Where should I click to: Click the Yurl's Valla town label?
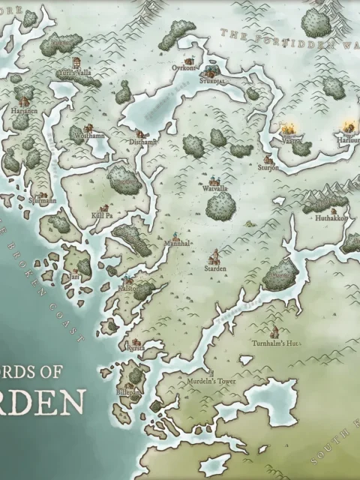coord(75,73)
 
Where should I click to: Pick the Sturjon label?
coord(268,168)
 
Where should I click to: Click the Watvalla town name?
coord(215,189)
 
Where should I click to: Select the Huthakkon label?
coord(330,218)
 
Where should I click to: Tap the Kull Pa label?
coord(102,215)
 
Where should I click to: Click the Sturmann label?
coord(43,201)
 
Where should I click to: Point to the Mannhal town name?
coord(177,244)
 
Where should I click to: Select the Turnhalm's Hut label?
coord(275,343)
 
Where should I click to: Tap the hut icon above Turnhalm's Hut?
coord(274,331)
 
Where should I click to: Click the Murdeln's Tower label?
coord(211,381)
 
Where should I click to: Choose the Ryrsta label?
coord(136,349)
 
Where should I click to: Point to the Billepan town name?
coord(128,392)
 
